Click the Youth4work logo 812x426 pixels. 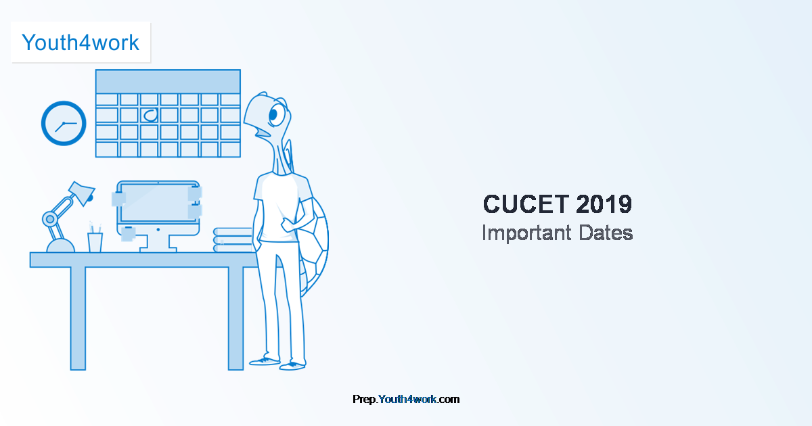pos(81,43)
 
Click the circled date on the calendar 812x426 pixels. pos(150,115)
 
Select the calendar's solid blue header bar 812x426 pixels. pos(168,82)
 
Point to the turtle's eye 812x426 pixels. pos(277,115)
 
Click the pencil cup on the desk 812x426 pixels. pos(95,242)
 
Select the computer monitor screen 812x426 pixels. pos(158,202)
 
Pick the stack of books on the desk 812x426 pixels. pos(233,240)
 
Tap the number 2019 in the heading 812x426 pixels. pos(604,204)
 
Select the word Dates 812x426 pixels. pos(606,233)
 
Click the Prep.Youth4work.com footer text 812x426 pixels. pos(406,399)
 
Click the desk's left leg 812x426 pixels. pos(78,318)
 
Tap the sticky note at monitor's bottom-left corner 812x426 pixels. pos(128,234)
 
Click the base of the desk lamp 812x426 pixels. pos(60,245)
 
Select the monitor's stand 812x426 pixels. pos(158,243)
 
